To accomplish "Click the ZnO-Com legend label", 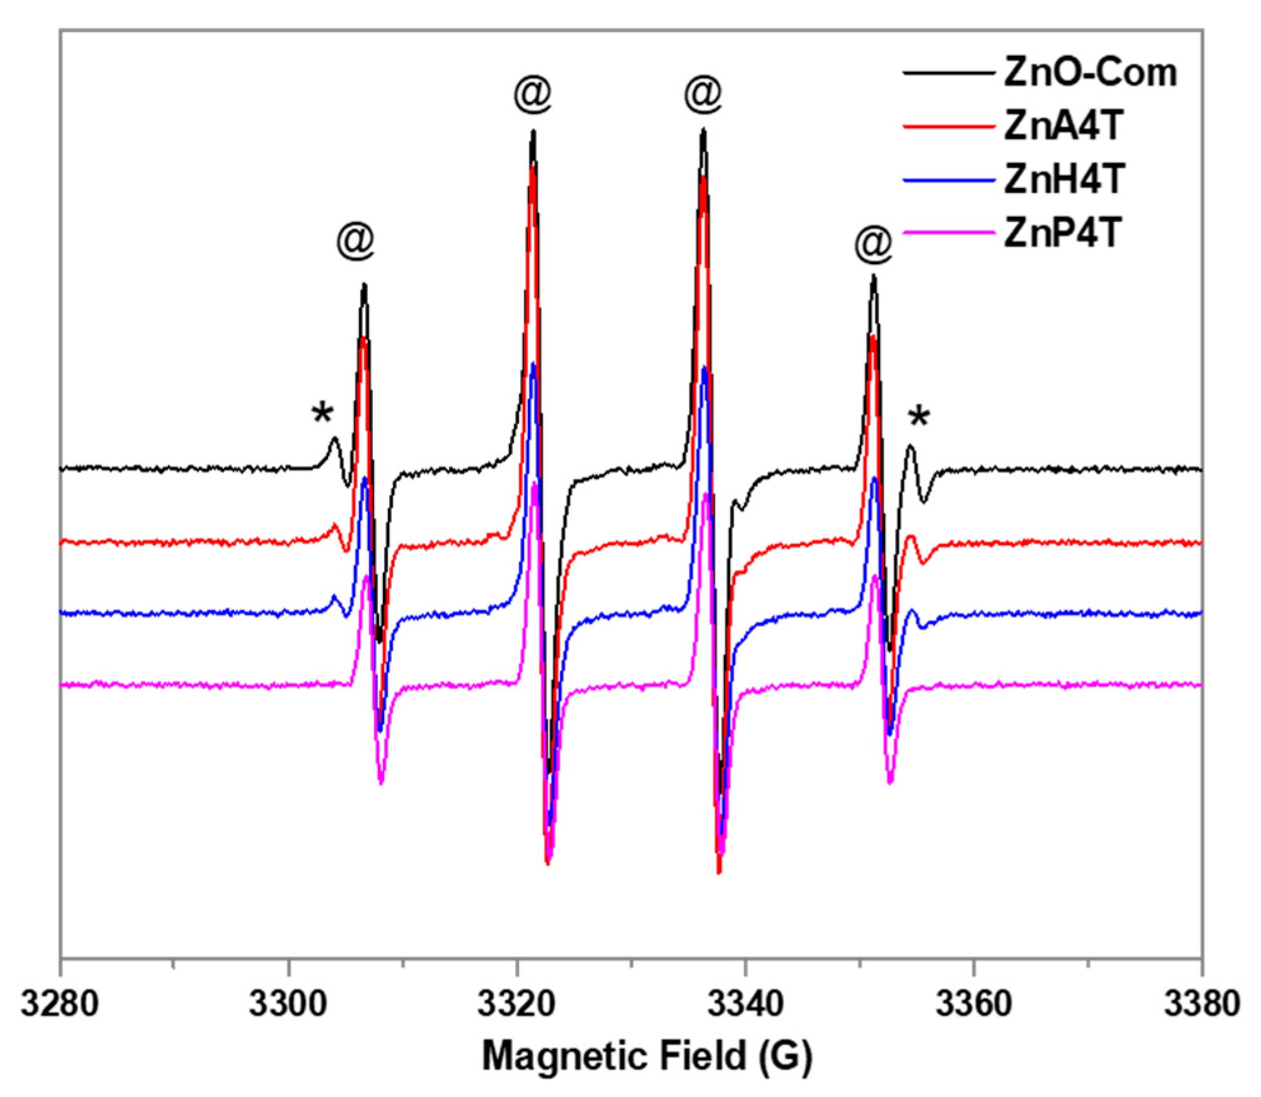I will [1089, 73].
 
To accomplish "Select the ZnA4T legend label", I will [1063, 126].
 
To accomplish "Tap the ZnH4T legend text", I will [1064, 180].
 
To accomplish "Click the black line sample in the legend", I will [948, 74].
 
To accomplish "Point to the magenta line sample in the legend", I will [948, 234].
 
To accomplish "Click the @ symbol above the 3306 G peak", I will [355, 240].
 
